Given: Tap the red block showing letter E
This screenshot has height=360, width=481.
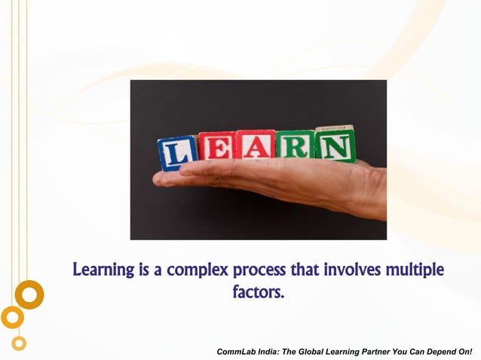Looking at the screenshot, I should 217,147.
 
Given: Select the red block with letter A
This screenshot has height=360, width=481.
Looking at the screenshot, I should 256,144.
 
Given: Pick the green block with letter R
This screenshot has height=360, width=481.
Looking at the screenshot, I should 295,144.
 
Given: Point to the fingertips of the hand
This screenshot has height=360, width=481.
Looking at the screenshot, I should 161,179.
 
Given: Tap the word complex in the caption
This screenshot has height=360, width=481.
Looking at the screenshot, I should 198,269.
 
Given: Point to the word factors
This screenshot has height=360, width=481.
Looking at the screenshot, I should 259,291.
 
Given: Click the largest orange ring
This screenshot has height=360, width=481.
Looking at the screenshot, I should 29,294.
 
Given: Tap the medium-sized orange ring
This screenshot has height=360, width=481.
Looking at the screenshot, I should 12,317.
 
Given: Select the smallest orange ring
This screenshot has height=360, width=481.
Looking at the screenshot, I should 19,343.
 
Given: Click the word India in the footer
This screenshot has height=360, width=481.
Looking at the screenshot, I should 270,352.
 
